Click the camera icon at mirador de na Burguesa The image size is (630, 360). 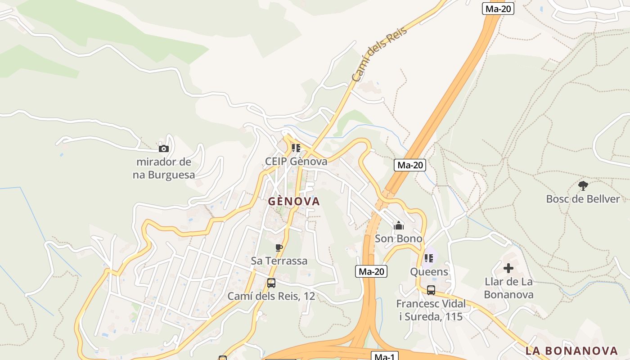[x=164, y=148]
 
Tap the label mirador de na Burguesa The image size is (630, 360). [x=164, y=168]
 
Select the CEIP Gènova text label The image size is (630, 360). [x=296, y=161]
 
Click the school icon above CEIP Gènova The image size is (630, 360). [x=296, y=148]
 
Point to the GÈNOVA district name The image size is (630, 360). [x=294, y=201]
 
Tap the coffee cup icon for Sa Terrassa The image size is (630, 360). [x=279, y=247]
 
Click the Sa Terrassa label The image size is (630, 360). [x=279, y=261]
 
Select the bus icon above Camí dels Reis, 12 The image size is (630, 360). [x=271, y=283]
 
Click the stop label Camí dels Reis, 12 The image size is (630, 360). [x=271, y=296]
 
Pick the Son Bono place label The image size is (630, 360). [x=399, y=238]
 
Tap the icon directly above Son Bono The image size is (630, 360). [x=399, y=225]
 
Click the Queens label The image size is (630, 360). [x=429, y=271]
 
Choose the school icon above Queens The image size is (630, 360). [x=428, y=258]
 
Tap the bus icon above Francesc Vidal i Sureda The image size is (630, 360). [x=431, y=290]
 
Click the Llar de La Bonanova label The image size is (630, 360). [x=508, y=288]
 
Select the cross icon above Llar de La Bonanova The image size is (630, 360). [x=508, y=269]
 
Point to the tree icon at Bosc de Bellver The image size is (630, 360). [x=583, y=185]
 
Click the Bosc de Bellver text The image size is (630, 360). [x=583, y=199]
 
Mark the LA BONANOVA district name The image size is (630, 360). [x=571, y=351]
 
